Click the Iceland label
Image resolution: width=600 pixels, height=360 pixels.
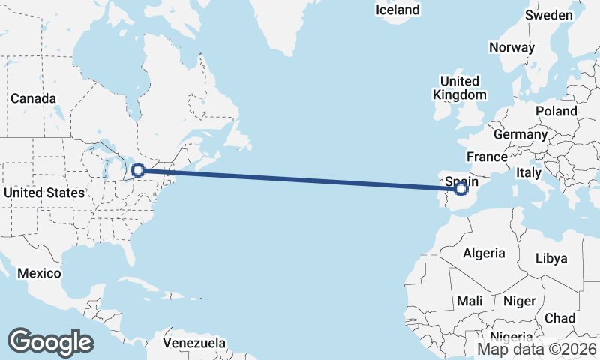click(x=397, y=10)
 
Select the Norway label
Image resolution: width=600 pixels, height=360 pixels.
click(x=511, y=47)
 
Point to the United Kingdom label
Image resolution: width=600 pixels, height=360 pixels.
click(x=460, y=88)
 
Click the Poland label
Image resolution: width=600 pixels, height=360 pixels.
click(x=556, y=111)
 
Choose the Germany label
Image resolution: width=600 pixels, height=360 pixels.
click(x=520, y=134)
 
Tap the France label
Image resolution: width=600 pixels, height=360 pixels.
click(x=487, y=157)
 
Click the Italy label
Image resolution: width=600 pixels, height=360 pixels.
click(x=528, y=172)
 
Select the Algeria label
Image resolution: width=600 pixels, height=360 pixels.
click(x=484, y=253)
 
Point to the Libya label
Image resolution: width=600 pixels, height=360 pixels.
click(x=551, y=259)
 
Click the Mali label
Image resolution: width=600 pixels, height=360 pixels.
click(x=469, y=301)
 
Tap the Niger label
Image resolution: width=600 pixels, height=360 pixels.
click(x=519, y=301)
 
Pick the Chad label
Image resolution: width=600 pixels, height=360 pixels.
click(x=559, y=318)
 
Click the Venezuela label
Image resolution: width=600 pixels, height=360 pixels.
click(x=195, y=343)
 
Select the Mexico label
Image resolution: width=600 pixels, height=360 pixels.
click(x=39, y=273)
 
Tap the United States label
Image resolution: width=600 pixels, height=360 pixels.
click(x=43, y=193)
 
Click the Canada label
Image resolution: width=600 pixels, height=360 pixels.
click(x=33, y=98)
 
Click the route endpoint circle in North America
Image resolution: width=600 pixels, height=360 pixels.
click(x=138, y=170)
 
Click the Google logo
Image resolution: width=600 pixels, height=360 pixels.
click(x=50, y=342)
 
